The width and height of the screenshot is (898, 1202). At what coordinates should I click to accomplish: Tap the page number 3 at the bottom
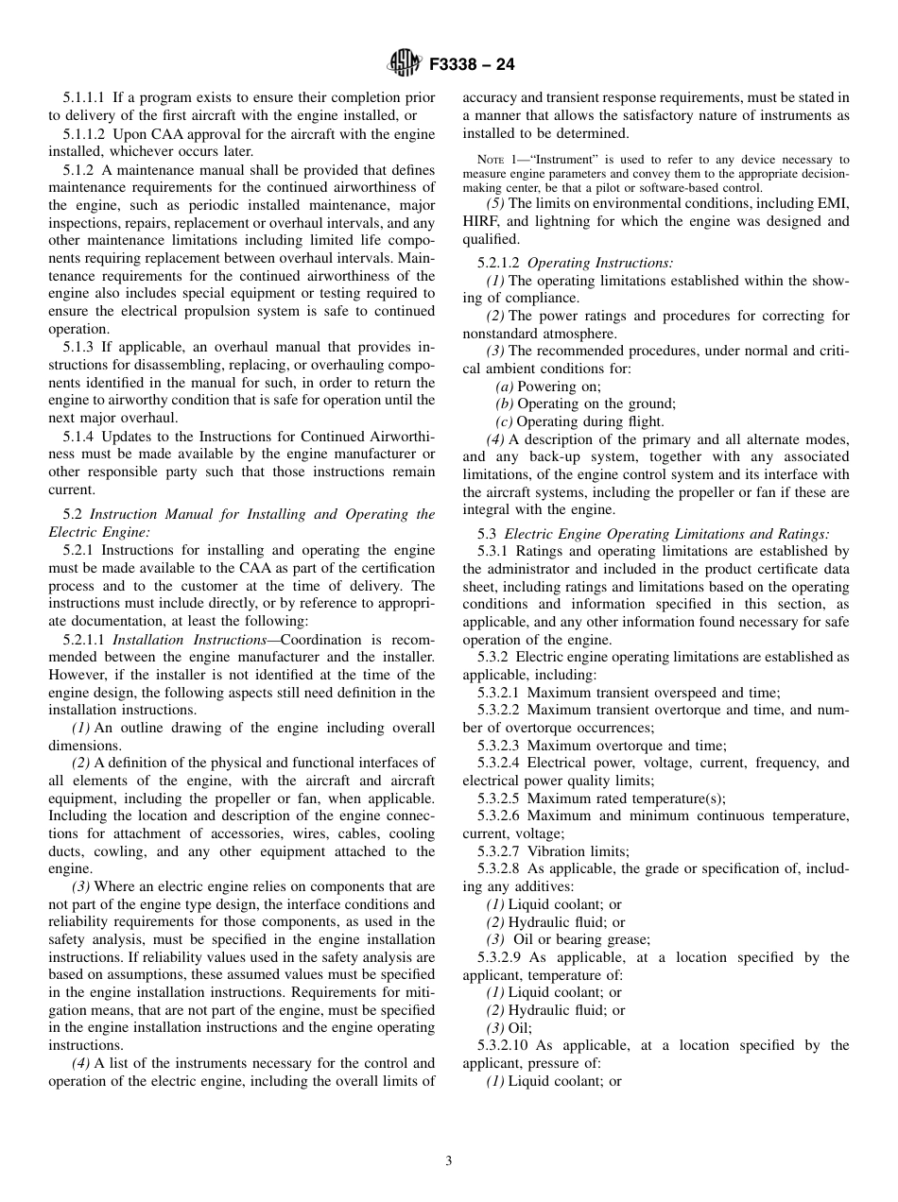coord(449,1161)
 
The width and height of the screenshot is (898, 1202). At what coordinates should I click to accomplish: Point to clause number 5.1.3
coord(80,348)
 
